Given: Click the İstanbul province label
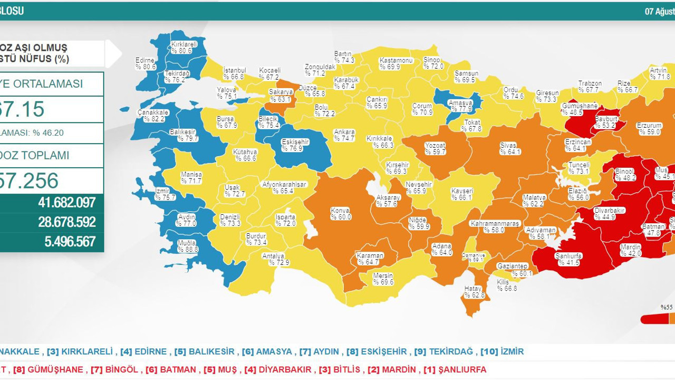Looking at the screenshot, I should click(x=235, y=73).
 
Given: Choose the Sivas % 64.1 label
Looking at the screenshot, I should click(x=510, y=149).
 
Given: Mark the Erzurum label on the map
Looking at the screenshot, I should click(x=649, y=129).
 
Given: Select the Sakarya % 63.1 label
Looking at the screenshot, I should click(x=281, y=96).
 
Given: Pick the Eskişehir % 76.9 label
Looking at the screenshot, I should click(x=292, y=146).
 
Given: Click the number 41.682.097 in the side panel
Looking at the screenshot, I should click(x=66, y=202).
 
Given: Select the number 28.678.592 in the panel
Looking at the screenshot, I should click(x=66, y=222).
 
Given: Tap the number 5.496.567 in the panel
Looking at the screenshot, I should click(x=70, y=241).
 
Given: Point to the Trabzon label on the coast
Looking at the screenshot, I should click(x=590, y=87).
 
